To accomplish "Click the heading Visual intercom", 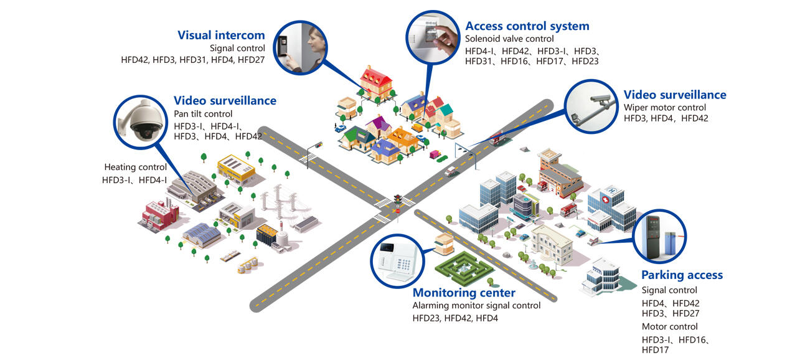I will click(x=221, y=35).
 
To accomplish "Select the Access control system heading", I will click(x=527, y=26).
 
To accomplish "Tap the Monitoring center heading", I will click(x=464, y=293).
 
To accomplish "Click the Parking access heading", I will click(x=682, y=275).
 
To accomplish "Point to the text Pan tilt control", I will click(x=203, y=114).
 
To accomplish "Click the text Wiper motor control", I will click(x=665, y=107).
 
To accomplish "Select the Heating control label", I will click(x=135, y=167).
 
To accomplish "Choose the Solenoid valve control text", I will click(x=509, y=39).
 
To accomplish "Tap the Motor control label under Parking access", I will click(x=669, y=326).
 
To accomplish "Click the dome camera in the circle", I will click(x=138, y=122).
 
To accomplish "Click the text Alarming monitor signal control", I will click(x=476, y=306).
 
